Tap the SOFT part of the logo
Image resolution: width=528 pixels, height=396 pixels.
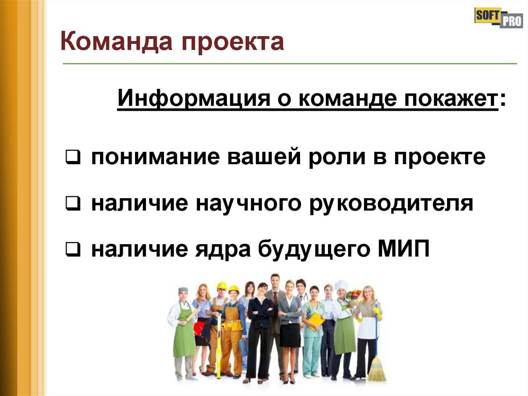(486, 15)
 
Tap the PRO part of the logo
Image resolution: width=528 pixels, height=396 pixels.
(511, 22)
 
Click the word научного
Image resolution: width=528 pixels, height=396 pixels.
(249, 204)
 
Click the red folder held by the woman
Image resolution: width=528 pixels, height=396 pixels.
(199, 327)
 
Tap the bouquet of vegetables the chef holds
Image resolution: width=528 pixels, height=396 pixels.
(354, 296)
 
